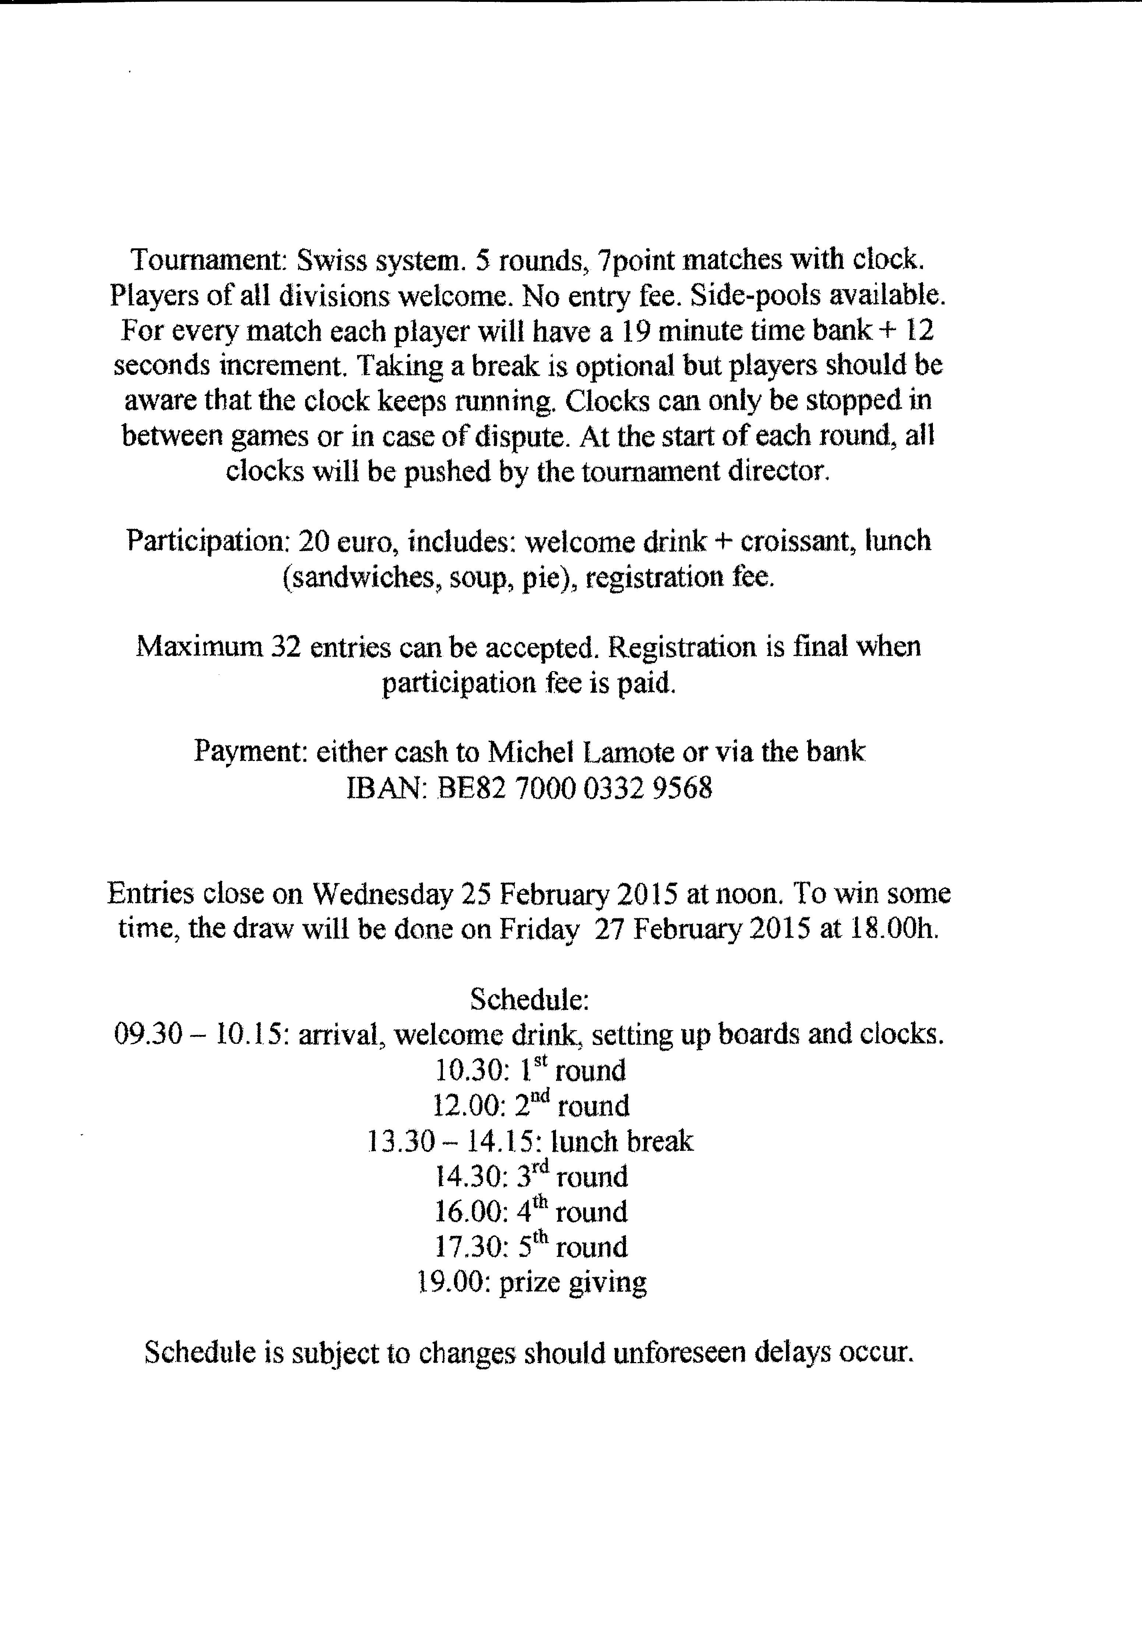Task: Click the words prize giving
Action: [x=572, y=1283]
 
